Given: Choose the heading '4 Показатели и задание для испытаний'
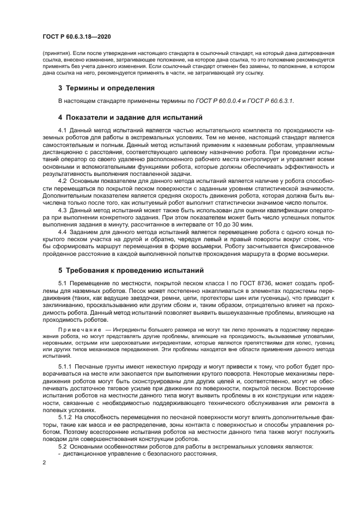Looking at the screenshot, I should (x=130, y=117).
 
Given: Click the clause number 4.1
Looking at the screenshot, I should (x=62, y=131).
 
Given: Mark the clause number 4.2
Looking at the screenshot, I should (x=62, y=180).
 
